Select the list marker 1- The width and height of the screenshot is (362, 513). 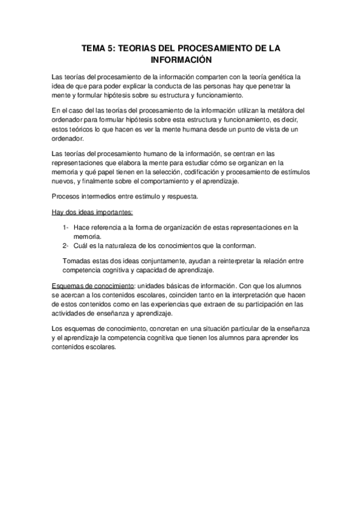(x=65, y=227)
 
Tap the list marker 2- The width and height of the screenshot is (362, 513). (x=65, y=245)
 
